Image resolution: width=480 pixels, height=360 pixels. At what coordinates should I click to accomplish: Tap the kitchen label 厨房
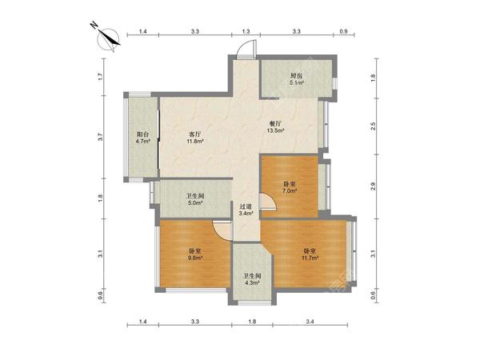[x=297, y=76]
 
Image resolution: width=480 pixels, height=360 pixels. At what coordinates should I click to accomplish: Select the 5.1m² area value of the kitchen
[x=297, y=82]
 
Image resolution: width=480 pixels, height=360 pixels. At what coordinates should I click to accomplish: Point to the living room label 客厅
[x=195, y=134]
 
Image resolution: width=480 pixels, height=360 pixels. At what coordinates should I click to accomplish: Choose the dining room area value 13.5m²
[x=276, y=130]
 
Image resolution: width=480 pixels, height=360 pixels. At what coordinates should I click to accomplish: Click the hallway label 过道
[x=246, y=207]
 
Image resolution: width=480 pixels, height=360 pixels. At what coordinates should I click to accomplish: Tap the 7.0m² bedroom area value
[x=290, y=190]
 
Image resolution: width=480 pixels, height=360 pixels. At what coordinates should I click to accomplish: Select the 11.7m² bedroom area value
[x=310, y=258]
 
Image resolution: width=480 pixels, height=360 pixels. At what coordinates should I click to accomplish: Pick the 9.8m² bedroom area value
[x=195, y=258]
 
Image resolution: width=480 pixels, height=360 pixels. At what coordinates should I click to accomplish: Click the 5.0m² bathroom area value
[x=195, y=202]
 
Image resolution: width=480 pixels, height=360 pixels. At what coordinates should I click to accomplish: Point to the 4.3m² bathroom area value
[x=252, y=283]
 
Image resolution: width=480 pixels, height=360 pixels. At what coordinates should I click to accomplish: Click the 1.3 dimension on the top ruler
[x=246, y=31]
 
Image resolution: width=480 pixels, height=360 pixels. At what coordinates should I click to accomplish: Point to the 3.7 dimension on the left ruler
[x=101, y=137]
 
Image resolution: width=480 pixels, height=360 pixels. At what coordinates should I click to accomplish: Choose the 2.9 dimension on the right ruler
[x=373, y=186]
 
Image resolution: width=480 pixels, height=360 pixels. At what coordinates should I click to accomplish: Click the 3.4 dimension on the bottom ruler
[x=310, y=322]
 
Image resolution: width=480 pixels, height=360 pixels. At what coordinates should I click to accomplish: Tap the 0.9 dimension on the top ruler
[x=344, y=31]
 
